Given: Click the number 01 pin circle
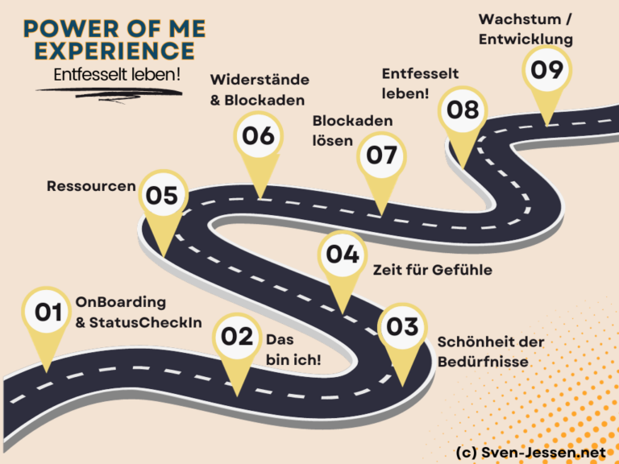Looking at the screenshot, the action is [48, 312].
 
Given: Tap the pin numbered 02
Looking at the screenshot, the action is [237, 337].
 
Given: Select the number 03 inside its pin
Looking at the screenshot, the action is [402, 327].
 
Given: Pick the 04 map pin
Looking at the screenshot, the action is [343, 255].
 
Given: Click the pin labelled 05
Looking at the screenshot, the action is [163, 195].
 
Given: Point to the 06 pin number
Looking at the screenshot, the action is [258, 135].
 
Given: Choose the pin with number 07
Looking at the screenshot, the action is [381, 155].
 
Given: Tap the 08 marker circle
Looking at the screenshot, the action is [463, 110].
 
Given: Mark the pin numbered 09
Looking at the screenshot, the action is [546, 70].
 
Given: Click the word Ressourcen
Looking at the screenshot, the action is [91, 186].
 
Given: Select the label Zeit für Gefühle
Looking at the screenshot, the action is [433, 270].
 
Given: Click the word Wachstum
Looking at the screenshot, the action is [520, 19].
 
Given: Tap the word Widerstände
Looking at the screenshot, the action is [260, 80].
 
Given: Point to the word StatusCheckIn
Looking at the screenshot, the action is [146, 323].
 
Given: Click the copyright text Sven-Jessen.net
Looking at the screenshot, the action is [543, 453].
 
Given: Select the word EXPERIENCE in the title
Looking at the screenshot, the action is [115, 51].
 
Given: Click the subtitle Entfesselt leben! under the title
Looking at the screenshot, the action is [117, 75].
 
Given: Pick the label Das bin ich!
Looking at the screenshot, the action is [293, 350].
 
